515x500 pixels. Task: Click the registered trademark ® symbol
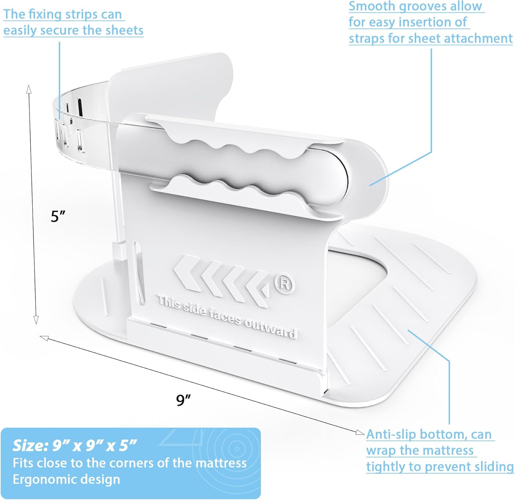click(x=284, y=284)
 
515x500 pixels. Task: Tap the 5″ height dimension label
click(x=58, y=216)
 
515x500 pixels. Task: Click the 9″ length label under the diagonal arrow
click(x=183, y=400)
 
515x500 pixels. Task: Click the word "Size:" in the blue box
click(x=30, y=445)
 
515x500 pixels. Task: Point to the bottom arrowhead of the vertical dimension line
click(x=36, y=321)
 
